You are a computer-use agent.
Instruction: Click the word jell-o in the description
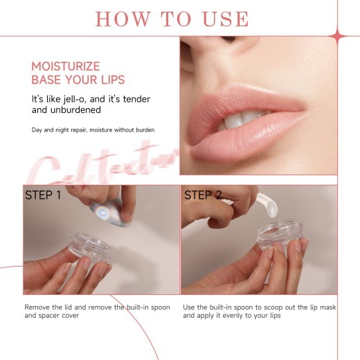[79, 99]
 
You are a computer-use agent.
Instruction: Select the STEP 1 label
[43, 195]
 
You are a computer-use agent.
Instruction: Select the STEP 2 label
[202, 195]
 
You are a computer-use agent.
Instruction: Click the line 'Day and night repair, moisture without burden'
[93, 130]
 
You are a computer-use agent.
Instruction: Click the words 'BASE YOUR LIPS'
[78, 80]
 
